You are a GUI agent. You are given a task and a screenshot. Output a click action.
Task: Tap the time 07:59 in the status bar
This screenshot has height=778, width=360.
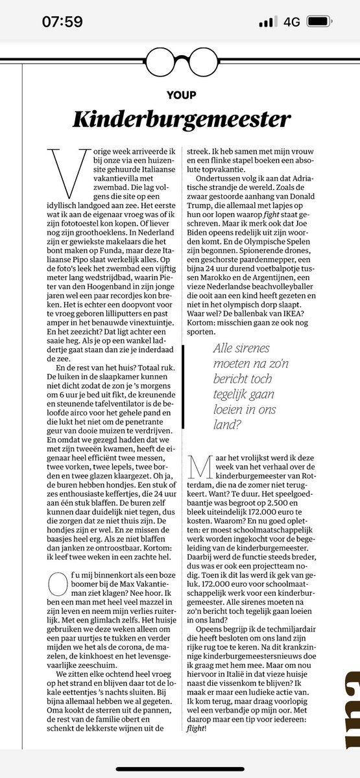62,21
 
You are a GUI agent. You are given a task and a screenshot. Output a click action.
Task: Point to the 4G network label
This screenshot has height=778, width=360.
292,22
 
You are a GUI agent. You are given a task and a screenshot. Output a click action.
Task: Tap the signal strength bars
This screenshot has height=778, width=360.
267,22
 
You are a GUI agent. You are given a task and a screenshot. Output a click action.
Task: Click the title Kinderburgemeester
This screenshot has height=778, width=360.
180,119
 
